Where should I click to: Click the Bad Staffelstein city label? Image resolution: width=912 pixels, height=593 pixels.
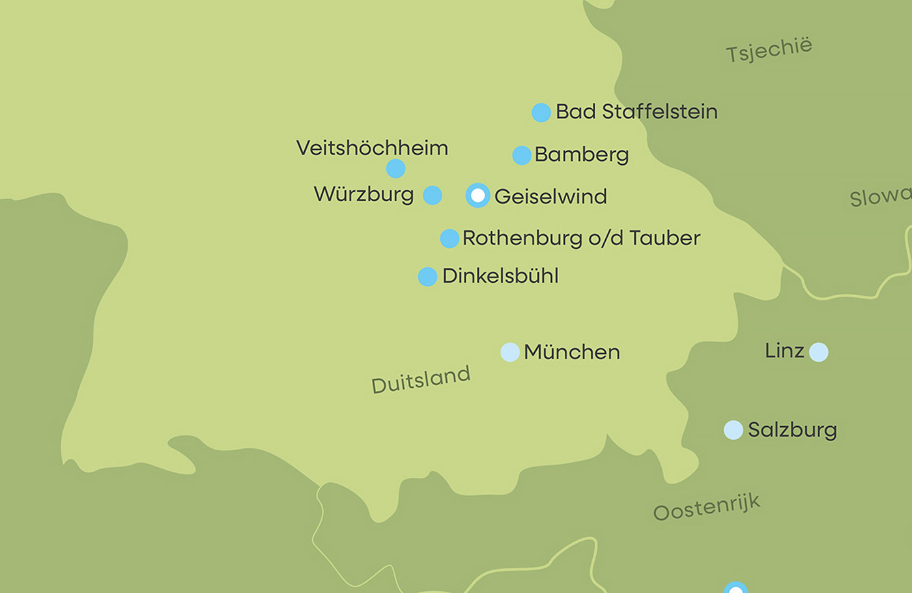click(x=636, y=112)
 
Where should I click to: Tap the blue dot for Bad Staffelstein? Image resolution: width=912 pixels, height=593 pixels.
click(x=541, y=113)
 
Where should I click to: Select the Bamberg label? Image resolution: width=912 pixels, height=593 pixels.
click(x=581, y=155)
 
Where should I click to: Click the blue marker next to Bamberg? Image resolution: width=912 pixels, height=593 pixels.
click(x=522, y=155)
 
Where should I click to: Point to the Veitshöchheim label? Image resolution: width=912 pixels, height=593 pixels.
click(x=372, y=148)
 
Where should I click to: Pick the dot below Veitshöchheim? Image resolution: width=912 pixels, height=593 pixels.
click(x=395, y=169)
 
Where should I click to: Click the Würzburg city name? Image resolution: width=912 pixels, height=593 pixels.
click(x=363, y=195)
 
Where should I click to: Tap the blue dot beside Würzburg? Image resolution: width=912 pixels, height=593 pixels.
click(x=433, y=195)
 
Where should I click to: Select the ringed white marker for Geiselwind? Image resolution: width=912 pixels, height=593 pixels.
click(x=477, y=195)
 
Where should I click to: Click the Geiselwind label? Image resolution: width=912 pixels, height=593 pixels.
click(x=550, y=196)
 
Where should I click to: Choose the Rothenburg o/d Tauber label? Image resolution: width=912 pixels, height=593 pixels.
click(x=581, y=239)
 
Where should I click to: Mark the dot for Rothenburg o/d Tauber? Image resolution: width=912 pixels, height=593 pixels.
click(x=449, y=239)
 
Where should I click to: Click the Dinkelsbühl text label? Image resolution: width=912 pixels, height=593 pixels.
click(x=500, y=276)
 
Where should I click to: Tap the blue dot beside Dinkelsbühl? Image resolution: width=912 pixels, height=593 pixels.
click(x=427, y=276)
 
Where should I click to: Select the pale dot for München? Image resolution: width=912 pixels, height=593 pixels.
click(x=509, y=352)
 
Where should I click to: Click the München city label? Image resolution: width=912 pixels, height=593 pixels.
click(x=571, y=352)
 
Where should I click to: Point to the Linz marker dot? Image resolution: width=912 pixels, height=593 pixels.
click(x=818, y=352)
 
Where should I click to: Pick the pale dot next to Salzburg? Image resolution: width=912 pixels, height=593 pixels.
click(x=734, y=430)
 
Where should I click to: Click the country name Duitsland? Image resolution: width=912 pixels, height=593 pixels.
click(x=421, y=379)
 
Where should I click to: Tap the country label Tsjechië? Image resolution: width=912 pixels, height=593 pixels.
click(x=769, y=50)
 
